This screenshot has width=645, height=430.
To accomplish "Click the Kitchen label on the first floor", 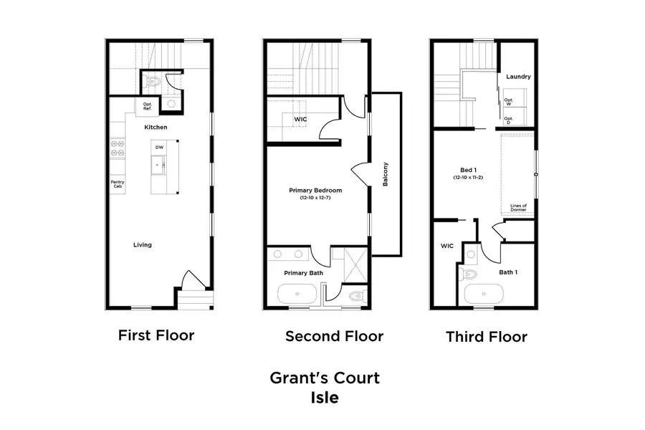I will (156, 127).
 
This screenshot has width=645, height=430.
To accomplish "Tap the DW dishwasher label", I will (159, 148).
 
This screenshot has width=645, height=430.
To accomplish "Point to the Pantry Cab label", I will (117, 183).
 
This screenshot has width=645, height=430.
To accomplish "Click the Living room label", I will (142, 245).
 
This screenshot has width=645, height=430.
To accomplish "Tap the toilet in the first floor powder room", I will (151, 82).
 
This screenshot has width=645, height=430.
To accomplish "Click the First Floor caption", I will (156, 335).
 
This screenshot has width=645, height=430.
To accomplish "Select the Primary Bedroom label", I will (315, 191).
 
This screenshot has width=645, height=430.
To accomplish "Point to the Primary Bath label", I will (296, 273).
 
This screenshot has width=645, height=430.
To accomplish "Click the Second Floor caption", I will (334, 336).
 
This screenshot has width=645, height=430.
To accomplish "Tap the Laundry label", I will (517, 76).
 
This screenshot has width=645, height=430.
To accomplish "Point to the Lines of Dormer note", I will (518, 208).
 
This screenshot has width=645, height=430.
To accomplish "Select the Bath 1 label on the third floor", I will (509, 272).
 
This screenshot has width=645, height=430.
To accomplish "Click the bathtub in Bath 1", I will (484, 295).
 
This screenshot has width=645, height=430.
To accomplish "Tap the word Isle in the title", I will (324, 397).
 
